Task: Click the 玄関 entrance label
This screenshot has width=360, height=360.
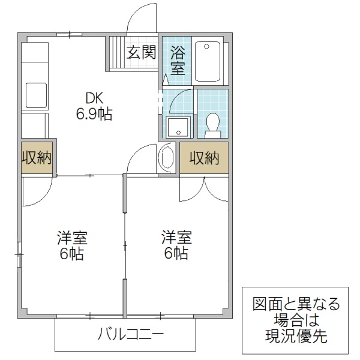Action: coord(141,52)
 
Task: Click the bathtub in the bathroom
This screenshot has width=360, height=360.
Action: coord(209,61)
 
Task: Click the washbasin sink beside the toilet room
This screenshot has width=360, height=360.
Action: coord(178,127)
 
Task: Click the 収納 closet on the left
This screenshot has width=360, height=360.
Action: coord(37,158)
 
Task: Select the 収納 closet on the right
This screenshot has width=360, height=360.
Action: coord(204,158)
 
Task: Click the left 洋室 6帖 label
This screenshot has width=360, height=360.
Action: coord(71,245)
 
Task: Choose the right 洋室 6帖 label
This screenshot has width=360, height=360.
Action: coord(175,245)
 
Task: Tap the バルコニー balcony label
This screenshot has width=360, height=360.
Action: coord(130,334)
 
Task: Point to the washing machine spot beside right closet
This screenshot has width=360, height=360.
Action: coord(166,158)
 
